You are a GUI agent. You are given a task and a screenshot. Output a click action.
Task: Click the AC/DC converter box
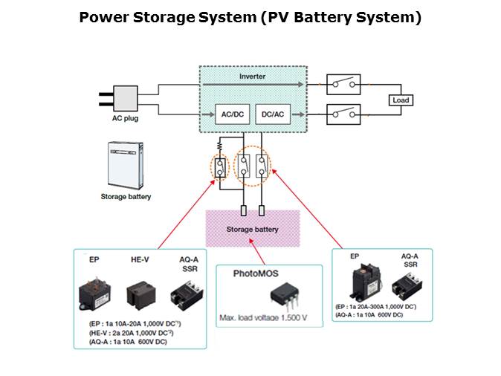[x=227, y=114]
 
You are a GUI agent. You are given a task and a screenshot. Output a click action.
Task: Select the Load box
[x=400, y=100]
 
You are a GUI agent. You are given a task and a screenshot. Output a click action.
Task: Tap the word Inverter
[x=252, y=77]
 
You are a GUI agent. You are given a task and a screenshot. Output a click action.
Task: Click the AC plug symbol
[x=123, y=100]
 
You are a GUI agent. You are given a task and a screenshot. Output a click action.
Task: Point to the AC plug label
[x=120, y=118]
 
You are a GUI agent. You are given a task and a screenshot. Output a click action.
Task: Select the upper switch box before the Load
[x=344, y=84]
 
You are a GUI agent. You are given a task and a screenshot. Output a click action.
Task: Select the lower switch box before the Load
[x=344, y=114]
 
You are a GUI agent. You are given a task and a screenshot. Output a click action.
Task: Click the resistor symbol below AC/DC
[x=220, y=146]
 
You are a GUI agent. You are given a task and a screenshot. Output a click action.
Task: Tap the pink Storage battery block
[x=252, y=230]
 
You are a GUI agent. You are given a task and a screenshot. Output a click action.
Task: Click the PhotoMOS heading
[x=252, y=273]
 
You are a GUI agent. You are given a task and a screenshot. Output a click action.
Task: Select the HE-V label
[x=141, y=260]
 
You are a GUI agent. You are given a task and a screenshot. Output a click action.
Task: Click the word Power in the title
[x=103, y=17]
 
